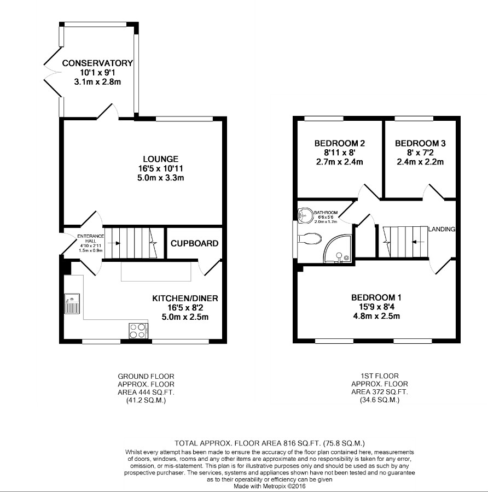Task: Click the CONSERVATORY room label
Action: pos(97,63)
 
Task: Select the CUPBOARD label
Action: pos(194,243)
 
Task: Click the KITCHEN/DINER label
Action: pos(185,298)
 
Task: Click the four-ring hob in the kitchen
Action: pos(137,330)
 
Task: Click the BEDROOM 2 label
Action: pos(339,143)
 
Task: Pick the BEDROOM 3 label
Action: pos(420,143)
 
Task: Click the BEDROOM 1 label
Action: pos(376,297)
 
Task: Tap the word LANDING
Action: pos(442,229)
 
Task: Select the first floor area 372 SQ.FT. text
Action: pos(380,393)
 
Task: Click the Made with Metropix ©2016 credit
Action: pos(270,486)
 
